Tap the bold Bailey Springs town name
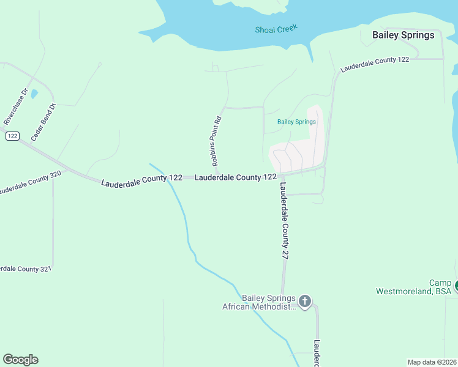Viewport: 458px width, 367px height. coord(403,35)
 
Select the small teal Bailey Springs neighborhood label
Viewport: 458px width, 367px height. coord(296,122)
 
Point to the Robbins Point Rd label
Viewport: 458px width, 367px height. coord(216,142)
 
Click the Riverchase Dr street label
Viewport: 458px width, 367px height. coord(17,108)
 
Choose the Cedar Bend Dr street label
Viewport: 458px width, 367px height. coord(43,122)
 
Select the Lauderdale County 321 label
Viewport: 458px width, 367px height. coord(24,269)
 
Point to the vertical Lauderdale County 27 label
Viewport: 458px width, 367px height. coord(284,223)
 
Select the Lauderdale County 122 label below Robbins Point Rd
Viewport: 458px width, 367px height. coord(235,177)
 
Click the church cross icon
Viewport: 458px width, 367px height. coord(304,301)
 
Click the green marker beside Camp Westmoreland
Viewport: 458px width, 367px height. coord(456,285)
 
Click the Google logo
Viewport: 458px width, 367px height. coord(20,360)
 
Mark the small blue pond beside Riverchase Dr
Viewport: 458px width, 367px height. coord(34,94)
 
